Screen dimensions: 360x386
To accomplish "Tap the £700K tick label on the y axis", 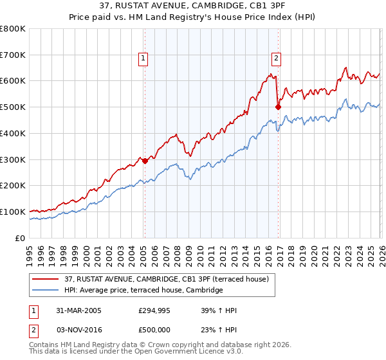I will [x=13, y=55].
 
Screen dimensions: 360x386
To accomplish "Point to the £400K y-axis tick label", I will [x=13, y=133].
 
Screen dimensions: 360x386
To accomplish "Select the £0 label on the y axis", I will [x=21, y=238].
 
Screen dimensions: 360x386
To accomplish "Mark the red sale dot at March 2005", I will [x=145, y=161].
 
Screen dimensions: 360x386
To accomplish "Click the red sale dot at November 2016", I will [x=278, y=107].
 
